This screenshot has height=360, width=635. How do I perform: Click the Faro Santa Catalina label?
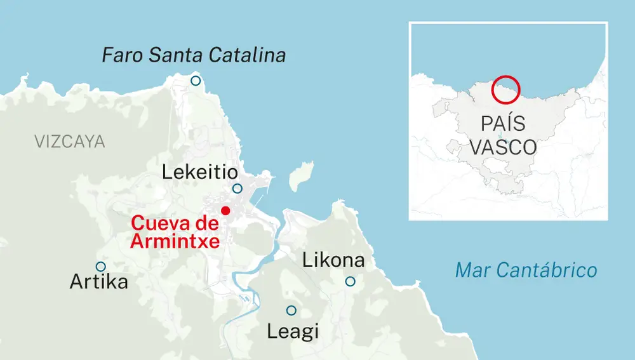pyautogui.click(x=194, y=56)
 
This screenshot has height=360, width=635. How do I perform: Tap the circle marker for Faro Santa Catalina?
pyautogui.click(x=196, y=81)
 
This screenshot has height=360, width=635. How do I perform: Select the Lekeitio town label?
pyautogui.click(x=199, y=172)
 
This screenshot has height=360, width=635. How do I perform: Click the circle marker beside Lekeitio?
pyautogui.click(x=237, y=189)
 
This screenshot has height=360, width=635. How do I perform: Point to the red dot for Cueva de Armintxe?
pyautogui.click(x=224, y=210)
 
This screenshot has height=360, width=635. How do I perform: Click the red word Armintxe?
pyautogui.click(x=175, y=241)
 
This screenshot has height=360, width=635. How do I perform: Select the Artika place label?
pyautogui.click(x=98, y=282)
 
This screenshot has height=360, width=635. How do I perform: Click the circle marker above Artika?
pyautogui.click(x=100, y=267)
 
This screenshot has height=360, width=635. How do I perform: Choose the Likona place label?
pyautogui.click(x=333, y=260)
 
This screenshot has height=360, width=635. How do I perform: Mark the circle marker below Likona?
pyautogui.click(x=350, y=281)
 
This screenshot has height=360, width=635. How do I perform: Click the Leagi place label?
pyautogui.click(x=292, y=331)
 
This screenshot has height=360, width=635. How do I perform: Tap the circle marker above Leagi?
pyautogui.click(x=291, y=310)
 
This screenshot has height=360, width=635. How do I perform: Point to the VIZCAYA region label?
pyautogui.click(x=70, y=142)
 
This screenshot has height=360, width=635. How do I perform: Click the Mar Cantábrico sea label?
pyautogui.click(x=526, y=270)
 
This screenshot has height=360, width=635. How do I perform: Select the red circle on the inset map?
pyautogui.click(x=506, y=89)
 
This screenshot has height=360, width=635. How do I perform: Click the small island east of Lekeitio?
pyautogui.click(x=301, y=176)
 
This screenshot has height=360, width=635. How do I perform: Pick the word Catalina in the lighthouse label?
pyautogui.click(x=249, y=56)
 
